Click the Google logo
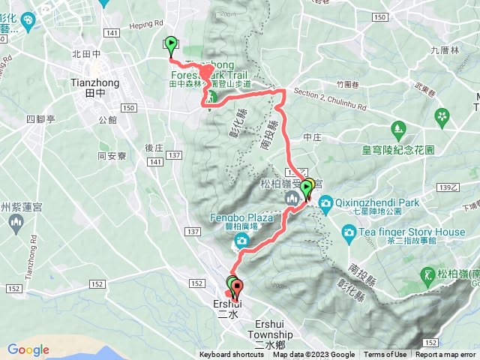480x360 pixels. (28, 349)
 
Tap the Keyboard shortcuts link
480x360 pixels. (232, 355)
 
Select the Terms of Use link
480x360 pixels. (385, 355)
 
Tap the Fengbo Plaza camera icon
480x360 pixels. (241, 240)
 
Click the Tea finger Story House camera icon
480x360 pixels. (349, 232)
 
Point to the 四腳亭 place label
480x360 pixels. (40, 118)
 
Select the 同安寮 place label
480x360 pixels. (112, 156)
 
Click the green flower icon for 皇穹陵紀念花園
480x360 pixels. (442, 117)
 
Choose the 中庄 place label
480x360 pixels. (312, 137)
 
